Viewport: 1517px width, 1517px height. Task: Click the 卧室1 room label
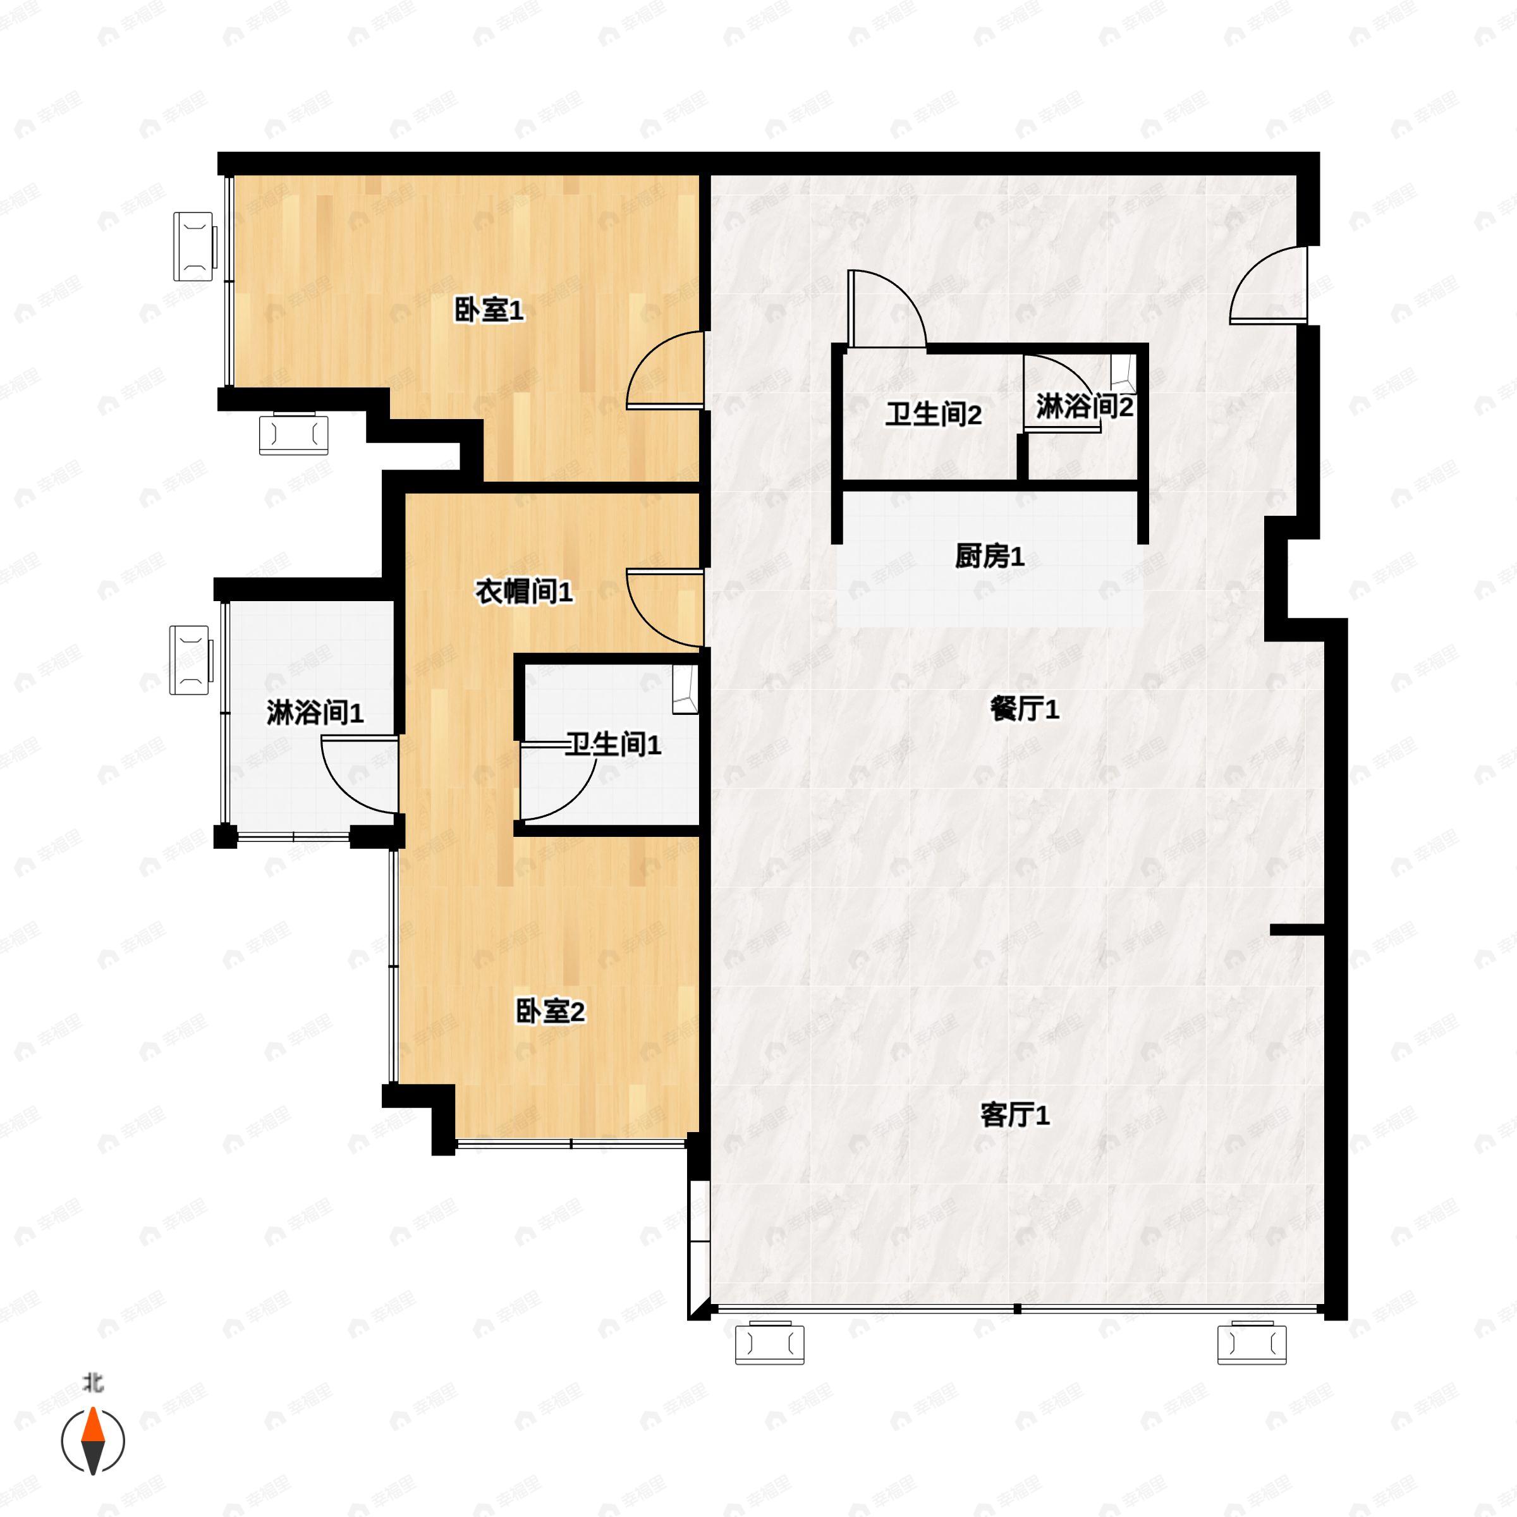(489, 311)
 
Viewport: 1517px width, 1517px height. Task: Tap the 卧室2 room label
(550, 1011)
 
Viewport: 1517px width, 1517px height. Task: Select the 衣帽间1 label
(524, 592)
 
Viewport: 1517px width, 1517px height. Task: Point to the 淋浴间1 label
(315, 713)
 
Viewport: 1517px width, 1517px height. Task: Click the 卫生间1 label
(613, 745)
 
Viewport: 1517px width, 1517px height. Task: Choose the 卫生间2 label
(934, 415)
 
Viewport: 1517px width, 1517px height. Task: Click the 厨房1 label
(989, 557)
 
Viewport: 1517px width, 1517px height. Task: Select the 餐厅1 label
(1025, 709)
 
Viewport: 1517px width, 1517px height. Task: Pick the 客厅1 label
(1014, 1115)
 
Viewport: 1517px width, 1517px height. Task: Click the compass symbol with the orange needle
(94, 1441)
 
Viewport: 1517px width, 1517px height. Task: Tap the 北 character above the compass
(94, 1384)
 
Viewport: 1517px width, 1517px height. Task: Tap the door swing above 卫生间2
(886, 308)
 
